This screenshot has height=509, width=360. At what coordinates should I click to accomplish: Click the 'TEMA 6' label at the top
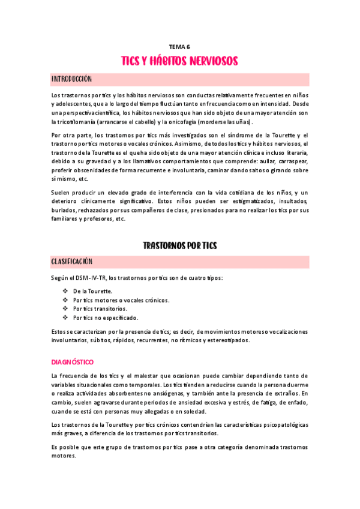[180, 46]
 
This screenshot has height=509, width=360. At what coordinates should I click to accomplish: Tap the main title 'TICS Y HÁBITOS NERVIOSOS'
[180, 61]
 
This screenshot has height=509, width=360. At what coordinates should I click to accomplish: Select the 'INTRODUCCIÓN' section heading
[71, 79]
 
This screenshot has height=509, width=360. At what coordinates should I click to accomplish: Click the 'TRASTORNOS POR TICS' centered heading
[180, 245]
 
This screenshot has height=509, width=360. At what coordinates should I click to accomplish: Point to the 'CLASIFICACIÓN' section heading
[72, 262]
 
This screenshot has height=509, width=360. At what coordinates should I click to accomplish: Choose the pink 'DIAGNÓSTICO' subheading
[73, 362]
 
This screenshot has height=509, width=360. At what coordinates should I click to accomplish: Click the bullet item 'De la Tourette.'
[92, 291]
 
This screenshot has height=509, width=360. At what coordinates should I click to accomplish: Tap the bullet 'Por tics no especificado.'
[106, 318]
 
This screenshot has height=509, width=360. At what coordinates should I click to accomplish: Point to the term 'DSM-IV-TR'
[92, 277]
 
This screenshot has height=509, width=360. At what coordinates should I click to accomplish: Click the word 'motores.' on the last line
[64, 455]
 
